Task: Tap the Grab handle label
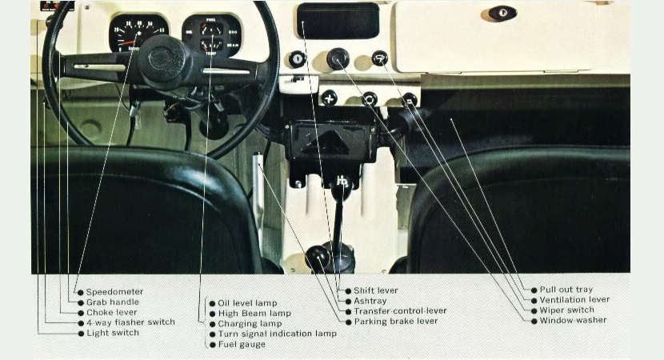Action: (x=112, y=302)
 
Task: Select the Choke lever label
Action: (x=111, y=313)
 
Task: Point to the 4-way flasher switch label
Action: (x=130, y=322)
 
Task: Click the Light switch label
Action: (x=113, y=333)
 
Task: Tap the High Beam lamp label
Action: (x=254, y=314)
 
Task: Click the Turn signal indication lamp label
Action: (x=277, y=334)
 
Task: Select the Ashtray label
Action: (x=370, y=301)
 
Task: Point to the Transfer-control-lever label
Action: (x=400, y=311)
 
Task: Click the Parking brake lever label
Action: (x=395, y=322)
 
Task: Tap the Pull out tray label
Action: (x=566, y=290)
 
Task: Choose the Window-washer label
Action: (x=573, y=320)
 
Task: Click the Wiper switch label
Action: (x=566, y=310)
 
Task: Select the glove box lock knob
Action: (x=502, y=13)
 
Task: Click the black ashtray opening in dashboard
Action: (x=337, y=22)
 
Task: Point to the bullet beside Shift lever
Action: (x=348, y=290)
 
